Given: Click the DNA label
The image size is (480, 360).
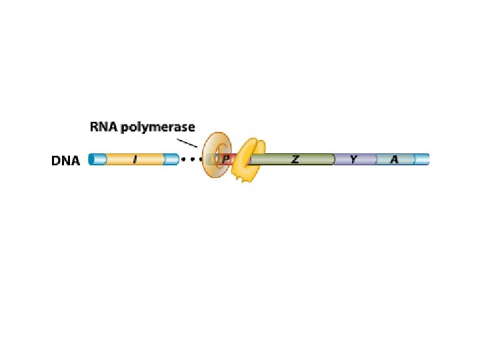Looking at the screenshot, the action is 65,161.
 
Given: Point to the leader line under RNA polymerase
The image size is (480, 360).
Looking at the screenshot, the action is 187,143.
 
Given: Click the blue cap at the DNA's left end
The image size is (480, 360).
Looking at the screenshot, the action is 97,160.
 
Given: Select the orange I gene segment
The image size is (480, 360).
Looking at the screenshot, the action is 135,160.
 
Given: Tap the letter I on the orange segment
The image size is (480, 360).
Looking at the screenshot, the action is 135,160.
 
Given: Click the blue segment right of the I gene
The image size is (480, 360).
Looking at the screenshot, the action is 171,160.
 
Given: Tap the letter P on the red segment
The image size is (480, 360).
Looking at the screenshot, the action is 226,160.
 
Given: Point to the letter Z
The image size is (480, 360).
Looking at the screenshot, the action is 295,159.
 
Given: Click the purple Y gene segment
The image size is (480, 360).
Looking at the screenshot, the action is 355,159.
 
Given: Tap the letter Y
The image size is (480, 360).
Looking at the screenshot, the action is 355,159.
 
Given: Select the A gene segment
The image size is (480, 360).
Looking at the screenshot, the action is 395,159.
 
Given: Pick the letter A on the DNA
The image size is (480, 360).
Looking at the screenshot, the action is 395,159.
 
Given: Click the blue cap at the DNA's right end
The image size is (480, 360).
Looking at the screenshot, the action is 421,159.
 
